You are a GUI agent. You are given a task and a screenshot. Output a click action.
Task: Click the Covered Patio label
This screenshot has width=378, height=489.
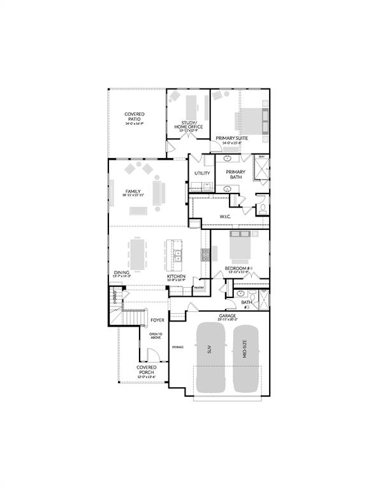click(x=134, y=118)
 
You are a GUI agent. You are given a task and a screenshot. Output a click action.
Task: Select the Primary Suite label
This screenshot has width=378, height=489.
click(x=231, y=138)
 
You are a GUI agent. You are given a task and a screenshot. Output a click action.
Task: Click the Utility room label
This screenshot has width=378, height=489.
click(x=202, y=173)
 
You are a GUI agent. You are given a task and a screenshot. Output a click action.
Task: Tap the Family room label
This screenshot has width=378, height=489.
click(x=133, y=192)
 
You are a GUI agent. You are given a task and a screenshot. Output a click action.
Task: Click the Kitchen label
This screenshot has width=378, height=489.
click(x=177, y=276)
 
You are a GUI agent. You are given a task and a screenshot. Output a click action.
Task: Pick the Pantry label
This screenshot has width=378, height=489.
click(x=198, y=288)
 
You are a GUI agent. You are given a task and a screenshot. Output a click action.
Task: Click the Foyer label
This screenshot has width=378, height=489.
click(x=157, y=320)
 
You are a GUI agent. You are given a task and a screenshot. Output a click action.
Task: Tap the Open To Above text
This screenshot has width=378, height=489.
click(x=156, y=336)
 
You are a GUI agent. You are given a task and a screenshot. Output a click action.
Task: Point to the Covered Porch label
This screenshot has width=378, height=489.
click(x=147, y=370)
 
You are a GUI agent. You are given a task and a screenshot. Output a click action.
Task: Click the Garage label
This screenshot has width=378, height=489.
click(x=228, y=316)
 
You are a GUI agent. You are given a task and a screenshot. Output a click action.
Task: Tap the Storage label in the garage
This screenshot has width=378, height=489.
click(x=177, y=347)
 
